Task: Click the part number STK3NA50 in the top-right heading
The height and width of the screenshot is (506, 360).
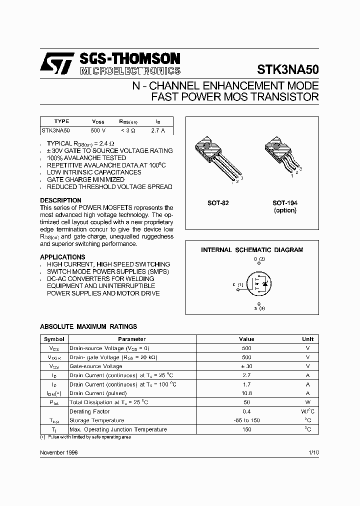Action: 287,68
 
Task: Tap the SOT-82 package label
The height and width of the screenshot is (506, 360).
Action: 218,203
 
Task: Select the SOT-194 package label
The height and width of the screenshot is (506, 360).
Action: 284,203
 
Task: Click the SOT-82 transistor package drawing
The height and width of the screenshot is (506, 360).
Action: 213,156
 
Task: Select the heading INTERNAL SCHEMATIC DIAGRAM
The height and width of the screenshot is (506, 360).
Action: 252,249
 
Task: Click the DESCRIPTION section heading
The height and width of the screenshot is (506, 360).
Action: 60,200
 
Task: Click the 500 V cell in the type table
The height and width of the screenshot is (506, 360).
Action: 98,130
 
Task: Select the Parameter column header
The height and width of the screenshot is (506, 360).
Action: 132,339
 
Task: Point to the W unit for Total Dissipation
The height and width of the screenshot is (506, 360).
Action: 307,402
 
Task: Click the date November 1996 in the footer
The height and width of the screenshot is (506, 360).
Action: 58,452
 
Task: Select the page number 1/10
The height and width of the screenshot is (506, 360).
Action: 313,452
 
